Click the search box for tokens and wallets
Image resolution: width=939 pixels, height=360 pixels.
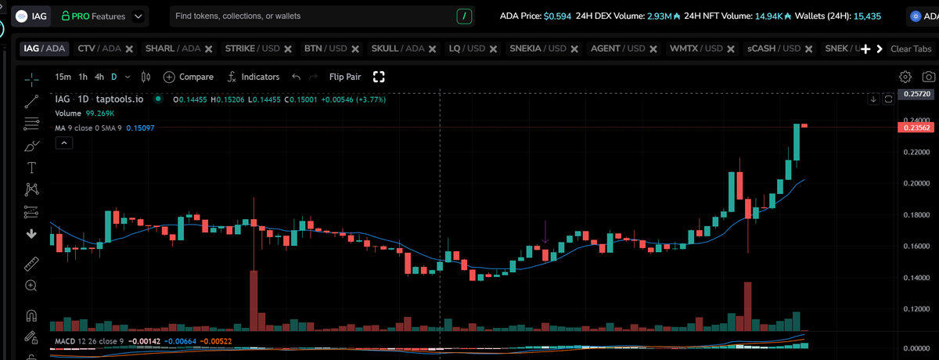(313, 16)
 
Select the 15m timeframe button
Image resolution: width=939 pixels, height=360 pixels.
(63, 77)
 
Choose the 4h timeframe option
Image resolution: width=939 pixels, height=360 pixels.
(99, 77)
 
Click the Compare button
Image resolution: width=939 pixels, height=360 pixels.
(188, 77)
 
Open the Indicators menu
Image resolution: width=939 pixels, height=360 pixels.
(253, 77)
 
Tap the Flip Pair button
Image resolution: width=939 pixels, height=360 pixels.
(345, 77)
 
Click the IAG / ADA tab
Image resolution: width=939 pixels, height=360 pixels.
(45, 49)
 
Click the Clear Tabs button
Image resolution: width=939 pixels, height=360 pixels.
(911, 49)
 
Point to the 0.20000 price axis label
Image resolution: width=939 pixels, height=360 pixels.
(914, 183)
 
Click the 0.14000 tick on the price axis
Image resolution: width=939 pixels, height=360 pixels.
(914, 278)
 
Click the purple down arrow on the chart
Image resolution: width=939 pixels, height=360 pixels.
(545, 232)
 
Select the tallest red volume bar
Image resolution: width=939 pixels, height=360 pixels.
(254, 301)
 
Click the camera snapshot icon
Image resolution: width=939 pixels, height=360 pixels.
(928, 77)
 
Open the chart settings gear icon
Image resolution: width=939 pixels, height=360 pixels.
(905, 77)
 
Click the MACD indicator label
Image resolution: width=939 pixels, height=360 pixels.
(67, 342)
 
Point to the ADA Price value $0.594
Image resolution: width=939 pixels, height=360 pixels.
(557, 16)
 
